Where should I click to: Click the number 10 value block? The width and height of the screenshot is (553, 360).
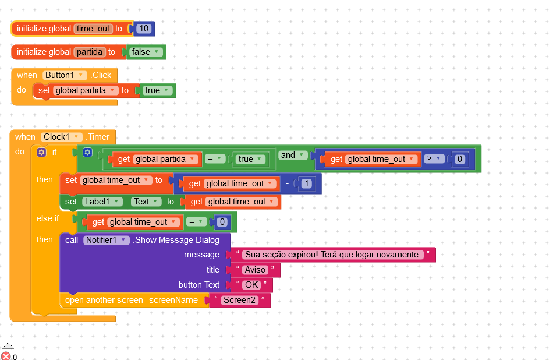(144, 29)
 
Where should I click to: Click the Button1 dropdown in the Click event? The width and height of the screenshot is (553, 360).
(65, 75)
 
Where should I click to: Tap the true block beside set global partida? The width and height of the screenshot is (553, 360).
(157, 90)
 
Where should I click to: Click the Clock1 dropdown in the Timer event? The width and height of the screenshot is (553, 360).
(61, 137)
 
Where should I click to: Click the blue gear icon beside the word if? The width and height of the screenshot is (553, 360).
(41, 152)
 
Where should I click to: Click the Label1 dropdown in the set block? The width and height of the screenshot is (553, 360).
(102, 202)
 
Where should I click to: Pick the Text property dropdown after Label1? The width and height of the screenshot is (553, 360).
(145, 202)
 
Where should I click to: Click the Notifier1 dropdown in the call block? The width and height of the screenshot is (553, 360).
(106, 240)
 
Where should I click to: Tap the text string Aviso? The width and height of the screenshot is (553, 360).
(255, 270)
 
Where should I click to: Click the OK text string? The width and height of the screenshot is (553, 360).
(251, 285)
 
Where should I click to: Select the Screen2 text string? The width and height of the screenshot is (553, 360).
(239, 300)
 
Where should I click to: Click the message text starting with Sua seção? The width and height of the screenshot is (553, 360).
(332, 255)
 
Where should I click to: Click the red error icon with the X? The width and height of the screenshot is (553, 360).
(6, 356)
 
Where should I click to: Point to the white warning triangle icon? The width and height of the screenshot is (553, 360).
(8, 346)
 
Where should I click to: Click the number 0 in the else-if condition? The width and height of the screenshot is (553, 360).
(222, 222)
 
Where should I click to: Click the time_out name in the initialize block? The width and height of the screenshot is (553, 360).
(93, 29)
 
